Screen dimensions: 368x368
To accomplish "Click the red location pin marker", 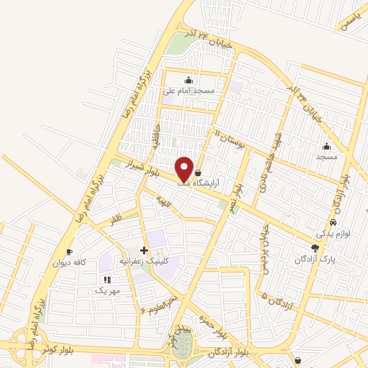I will coord(185,169).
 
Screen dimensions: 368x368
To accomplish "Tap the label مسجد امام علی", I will coord(188,91).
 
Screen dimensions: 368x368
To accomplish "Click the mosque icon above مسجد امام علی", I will coord(188,80).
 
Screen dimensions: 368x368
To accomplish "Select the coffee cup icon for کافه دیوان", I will coord(69,252).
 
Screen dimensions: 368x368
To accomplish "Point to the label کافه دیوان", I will coord(69,262).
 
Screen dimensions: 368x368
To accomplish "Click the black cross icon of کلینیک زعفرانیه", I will coord(144,250).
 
